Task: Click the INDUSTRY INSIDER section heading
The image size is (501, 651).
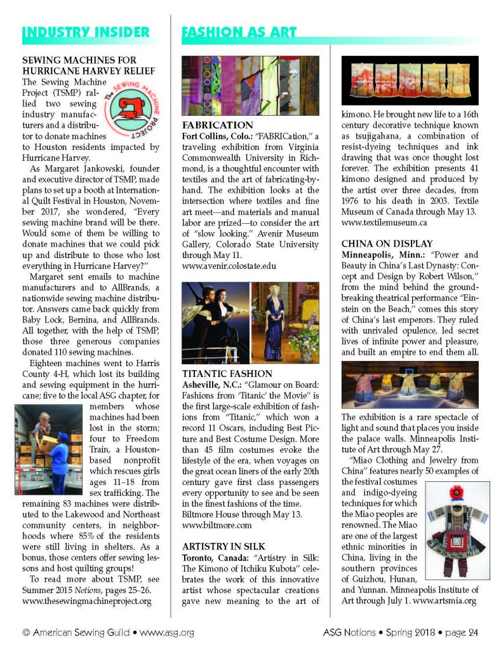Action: pos(86,32)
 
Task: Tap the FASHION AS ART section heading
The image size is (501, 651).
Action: pos(239,32)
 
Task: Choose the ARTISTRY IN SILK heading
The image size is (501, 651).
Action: pos(225,546)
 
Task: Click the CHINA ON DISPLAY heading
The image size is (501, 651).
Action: pos(387,243)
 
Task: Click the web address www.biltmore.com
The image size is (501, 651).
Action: pos(217,526)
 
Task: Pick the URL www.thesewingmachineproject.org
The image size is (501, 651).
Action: pos(86,601)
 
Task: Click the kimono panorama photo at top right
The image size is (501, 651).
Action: pos(410,79)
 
